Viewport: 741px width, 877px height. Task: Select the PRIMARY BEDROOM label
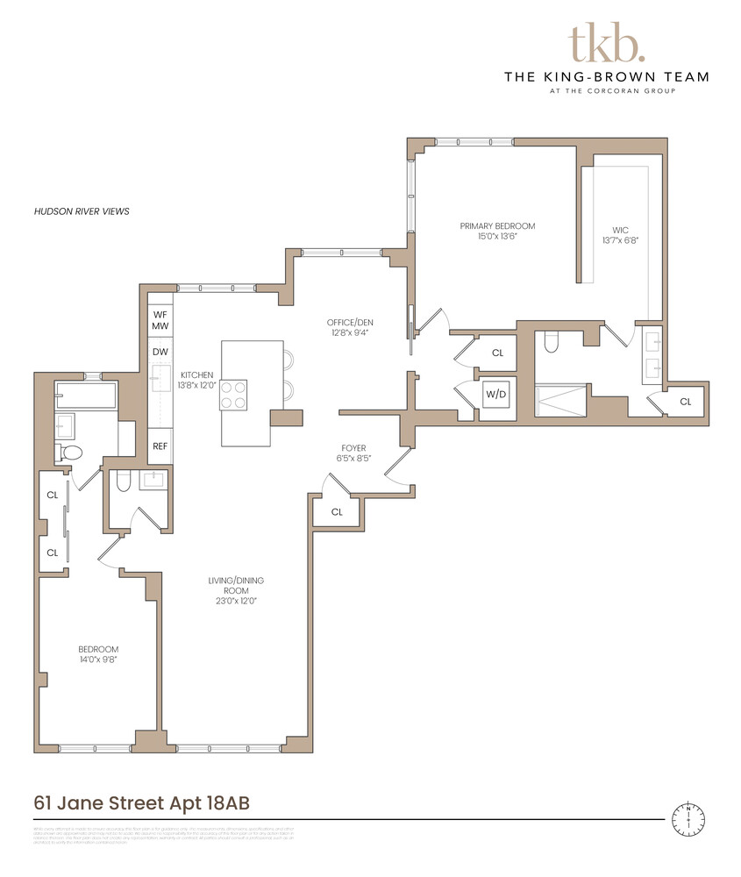[497, 232]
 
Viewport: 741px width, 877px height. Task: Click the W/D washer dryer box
[496, 395]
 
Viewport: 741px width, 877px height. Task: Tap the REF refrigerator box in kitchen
[160, 446]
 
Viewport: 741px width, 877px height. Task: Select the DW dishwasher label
[160, 352]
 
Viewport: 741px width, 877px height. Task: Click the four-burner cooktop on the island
[233, 395]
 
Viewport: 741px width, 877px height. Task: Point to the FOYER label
[353, 453]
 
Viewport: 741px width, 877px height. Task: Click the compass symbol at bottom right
[689, 818]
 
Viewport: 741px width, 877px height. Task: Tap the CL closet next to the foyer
[338, 511]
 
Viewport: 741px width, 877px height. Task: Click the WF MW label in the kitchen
[160, 320]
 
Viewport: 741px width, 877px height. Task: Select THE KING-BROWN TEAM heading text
[607, 76]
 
